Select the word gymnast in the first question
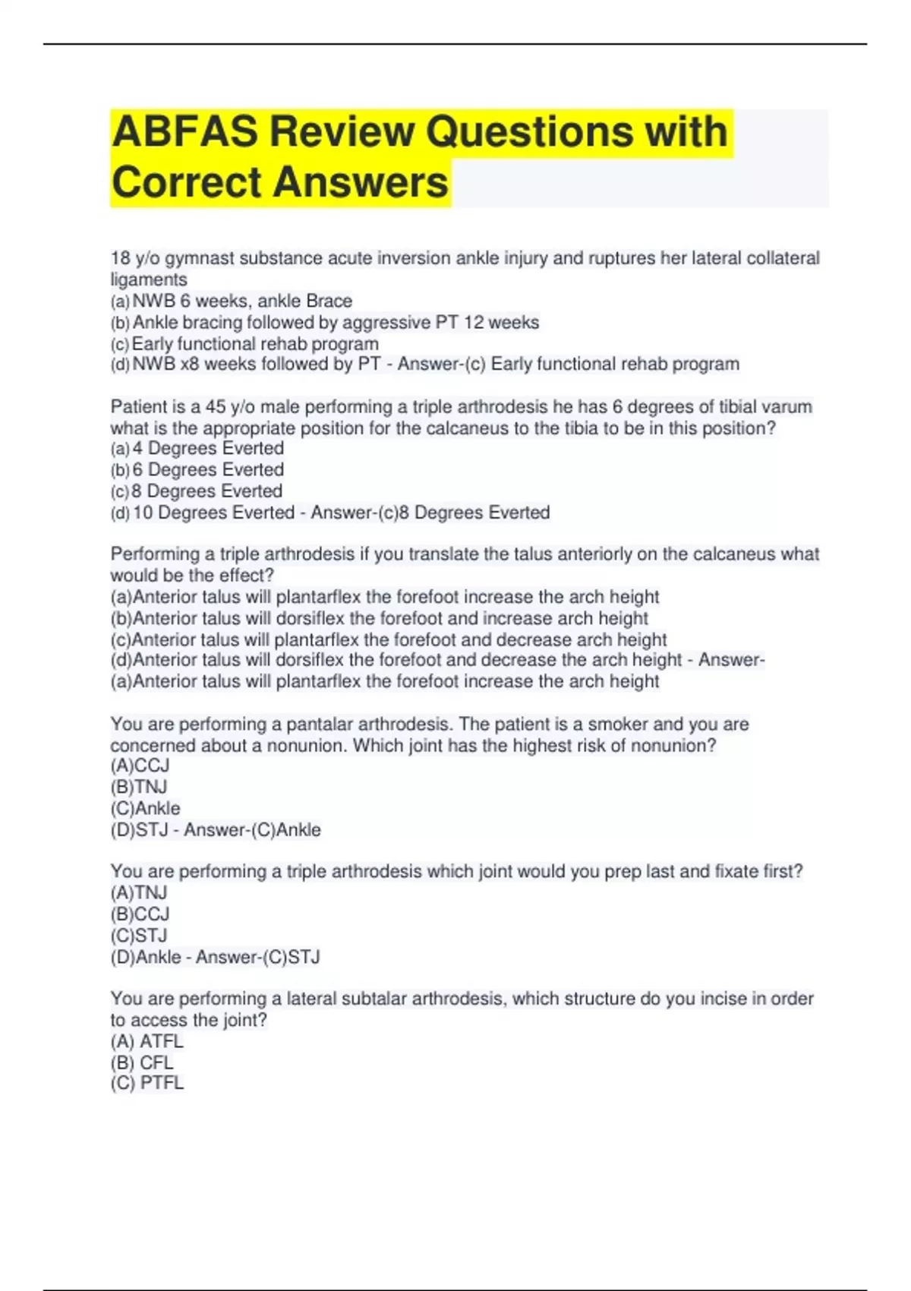[x=199, y=258]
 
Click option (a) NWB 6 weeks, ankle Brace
[x=232, y=301]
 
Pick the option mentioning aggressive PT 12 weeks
[x=325, y=323]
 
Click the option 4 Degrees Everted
[x=197, y=448]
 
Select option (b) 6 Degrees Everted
[x=197, y=469]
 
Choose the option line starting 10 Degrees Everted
[x=213, y=513]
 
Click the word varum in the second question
[x=788, y=407]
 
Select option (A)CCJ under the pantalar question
[x=140, y=765]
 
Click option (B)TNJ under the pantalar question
[x=139, y=787]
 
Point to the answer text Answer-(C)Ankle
[x=252, y=830]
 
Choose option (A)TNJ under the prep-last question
[x=139, y=892]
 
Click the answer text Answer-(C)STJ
[x=258, y=957]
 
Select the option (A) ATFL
[x=147, y=1041]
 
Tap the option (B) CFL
[x=143, y=1062]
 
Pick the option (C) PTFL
[x=147, y=1083]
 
